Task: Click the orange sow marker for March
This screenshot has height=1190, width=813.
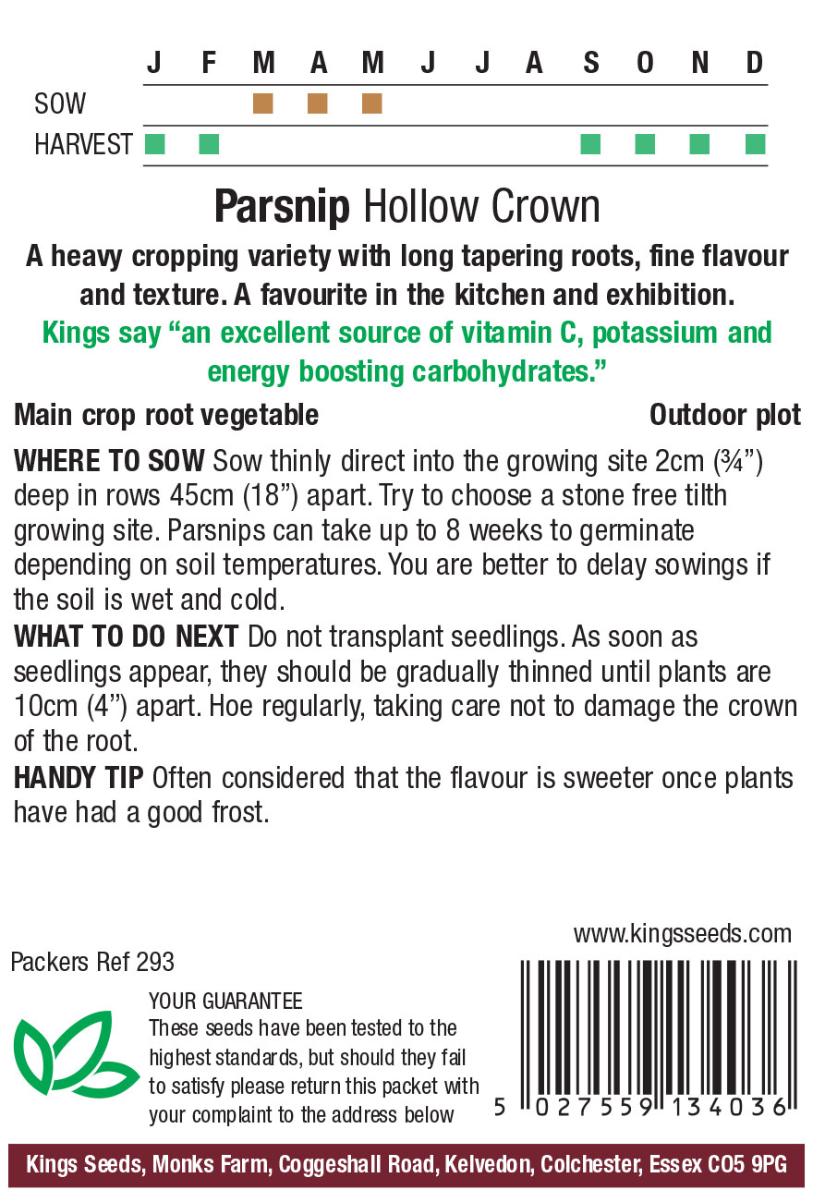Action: (263, 103)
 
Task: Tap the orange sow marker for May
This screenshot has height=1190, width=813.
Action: (372, 103)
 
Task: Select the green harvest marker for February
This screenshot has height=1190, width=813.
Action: (209, 144)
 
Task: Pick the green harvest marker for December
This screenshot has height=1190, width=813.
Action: (755, 144)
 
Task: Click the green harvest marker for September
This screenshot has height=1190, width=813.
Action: (590, 144)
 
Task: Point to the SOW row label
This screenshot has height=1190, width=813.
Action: (60, 103)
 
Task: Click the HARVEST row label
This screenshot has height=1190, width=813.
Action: (83, 145)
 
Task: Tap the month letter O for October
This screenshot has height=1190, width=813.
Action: (645, 63)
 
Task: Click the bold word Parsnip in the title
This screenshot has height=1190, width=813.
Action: (282, 207)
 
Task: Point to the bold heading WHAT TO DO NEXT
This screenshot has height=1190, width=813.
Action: (126, 637)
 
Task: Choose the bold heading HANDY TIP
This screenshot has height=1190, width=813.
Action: (79, 778)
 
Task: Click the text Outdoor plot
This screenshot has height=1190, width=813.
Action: (725, 415)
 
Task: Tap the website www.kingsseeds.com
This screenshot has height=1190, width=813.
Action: (682, 933)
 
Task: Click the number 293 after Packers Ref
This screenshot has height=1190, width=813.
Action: (154, 962)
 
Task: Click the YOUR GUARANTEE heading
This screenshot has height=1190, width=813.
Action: (225, 1002)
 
